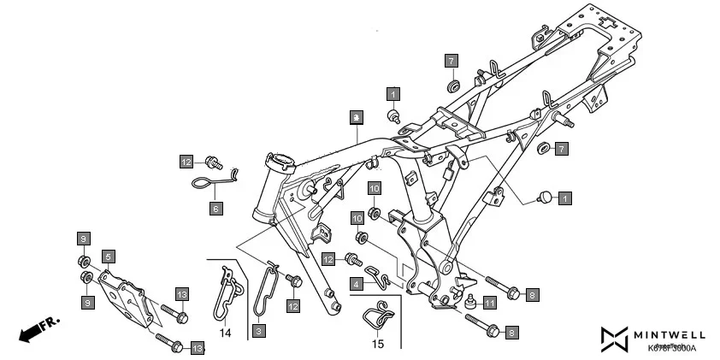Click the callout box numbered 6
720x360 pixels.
pos(215,208)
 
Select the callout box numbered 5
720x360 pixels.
pos(108,256)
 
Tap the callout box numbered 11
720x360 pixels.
pos(488,302)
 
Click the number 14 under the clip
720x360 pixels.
pos(225,333)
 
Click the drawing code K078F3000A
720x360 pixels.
pos(672,349)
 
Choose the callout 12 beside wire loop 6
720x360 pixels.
pos(186,161)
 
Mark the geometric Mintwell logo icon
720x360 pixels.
pos(615,339)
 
